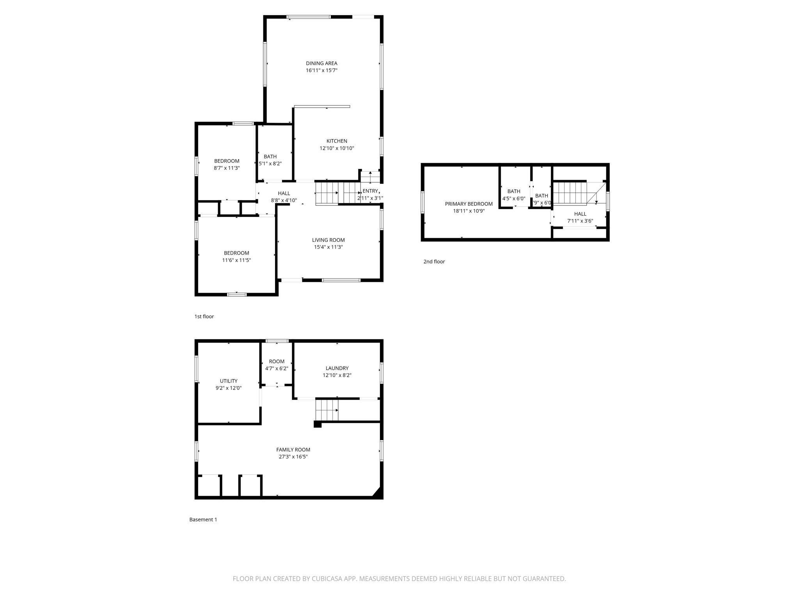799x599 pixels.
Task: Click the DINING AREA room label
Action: click(x=321, y=63)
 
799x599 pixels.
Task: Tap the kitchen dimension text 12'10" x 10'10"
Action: click(x=337, y=148)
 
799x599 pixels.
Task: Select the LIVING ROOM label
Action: click(x=328, y=240)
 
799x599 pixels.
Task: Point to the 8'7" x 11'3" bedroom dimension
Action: click(x=227, y=168)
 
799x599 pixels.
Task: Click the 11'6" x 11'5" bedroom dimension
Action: click(x=236, y=260)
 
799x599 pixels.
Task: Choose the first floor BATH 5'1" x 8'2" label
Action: click(x=270, y=157)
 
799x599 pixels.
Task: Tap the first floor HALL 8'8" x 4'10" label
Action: click(x=284, y=193)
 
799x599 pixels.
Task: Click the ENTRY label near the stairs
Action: click(x=370, y=191)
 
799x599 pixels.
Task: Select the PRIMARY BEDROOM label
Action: click(x=469, y=204)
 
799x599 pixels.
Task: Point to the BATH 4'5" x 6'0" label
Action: click(x=513, y=191)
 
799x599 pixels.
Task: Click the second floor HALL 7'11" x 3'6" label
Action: click(x=580, y=214)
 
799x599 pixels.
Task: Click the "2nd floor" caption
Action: click(x=434, y=262)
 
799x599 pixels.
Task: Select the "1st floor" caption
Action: click(x=204, y=317)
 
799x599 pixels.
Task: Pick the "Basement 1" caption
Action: click(x=203, y=519)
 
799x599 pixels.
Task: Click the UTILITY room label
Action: click(x=228, y=381)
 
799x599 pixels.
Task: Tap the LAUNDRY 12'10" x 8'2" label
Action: click(x=337, y=368)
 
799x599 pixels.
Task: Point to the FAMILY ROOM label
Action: click(x=293, y=450)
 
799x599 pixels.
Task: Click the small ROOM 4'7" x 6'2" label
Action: click(x=277, y=362)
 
